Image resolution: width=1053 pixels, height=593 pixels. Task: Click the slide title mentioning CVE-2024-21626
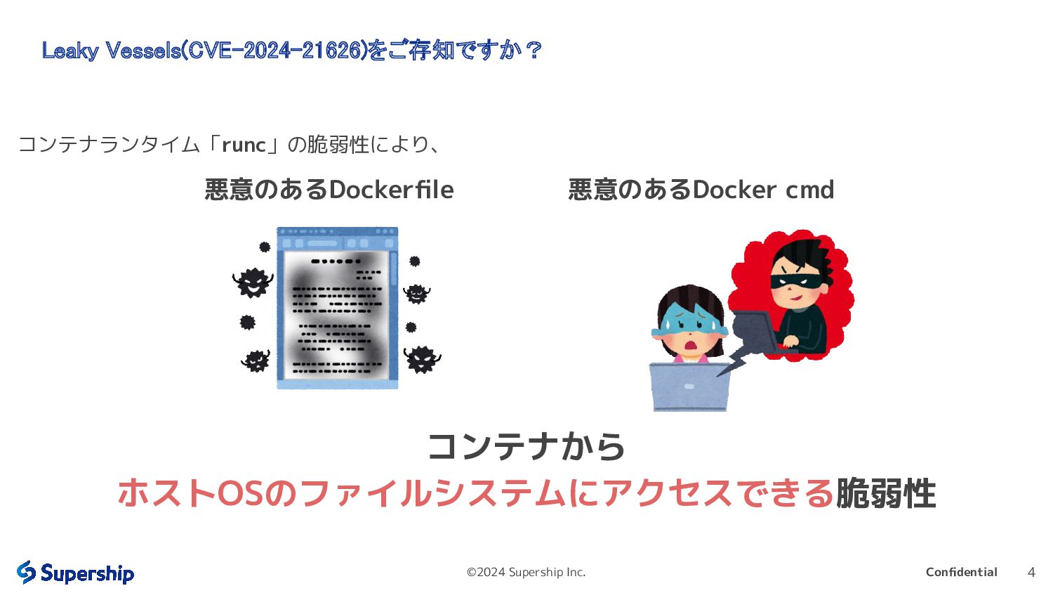(291, 51)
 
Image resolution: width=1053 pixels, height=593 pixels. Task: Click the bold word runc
(244, 145)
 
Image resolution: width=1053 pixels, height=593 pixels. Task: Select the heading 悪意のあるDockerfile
(329, 190)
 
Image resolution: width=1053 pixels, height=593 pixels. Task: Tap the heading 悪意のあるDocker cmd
(701, 190)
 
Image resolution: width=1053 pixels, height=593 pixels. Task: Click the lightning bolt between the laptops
(734, 362)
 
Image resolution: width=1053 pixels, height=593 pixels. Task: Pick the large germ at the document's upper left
(251, 282)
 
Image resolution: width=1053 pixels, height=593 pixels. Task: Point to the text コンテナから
(526, 447)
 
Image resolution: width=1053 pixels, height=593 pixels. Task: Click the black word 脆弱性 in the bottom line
(885, 493)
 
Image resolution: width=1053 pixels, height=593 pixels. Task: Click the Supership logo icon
(26, 572)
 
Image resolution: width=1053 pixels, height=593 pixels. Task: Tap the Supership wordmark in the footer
(87, 573)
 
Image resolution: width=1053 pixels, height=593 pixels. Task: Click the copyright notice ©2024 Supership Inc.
(526, 572)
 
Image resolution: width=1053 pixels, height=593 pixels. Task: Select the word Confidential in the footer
(961, 572)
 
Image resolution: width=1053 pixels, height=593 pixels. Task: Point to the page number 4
(1031, 572)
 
